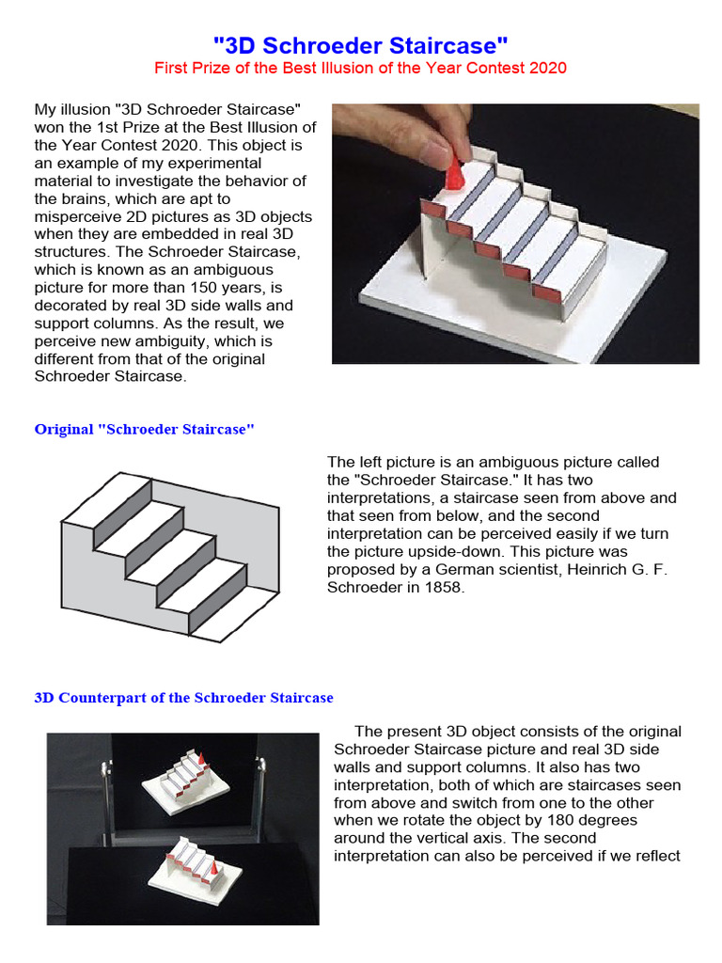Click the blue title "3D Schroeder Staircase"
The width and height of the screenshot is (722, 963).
361,44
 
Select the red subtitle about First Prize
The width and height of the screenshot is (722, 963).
361,68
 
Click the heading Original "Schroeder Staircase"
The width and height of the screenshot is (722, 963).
145,429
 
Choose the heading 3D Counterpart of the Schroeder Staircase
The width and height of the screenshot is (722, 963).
183,698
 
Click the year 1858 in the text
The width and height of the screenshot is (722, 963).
446,587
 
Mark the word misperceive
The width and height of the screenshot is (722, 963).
79,216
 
